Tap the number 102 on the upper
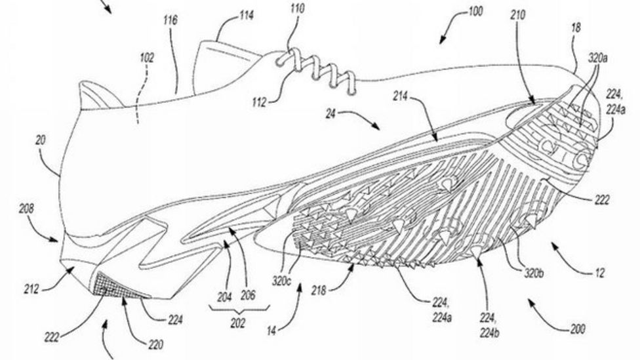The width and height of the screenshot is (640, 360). point(147,58)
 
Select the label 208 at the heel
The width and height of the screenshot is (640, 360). point(26,210)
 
